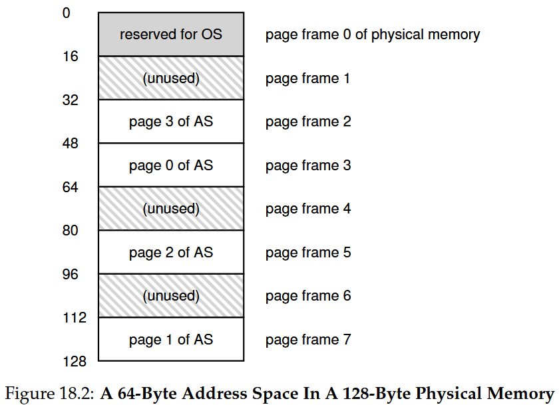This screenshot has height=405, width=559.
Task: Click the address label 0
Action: pyautogui.click(x=67, y=13)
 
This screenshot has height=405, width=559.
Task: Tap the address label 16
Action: pyautogui.click(x=71, y=57)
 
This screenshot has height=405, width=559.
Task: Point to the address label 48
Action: pyautogui.click(x=71, y=144)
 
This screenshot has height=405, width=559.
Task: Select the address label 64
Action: pyautogui.click(x=71, y=187)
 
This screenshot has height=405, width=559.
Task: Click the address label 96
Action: pyautogui.click(x=71, y=274)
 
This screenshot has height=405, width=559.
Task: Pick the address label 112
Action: pyautogui.click(x=75, y=318)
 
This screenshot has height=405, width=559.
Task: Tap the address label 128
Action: pyautogui.click(x=75, y=362)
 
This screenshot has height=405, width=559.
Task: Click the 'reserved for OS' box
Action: pyautogui.click(x=171, y=35)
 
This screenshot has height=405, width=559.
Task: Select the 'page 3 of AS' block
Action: pyautogui.click(x=171, y=122)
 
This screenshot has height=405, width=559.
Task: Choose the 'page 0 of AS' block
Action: pyautogui.click(x=171, y=166)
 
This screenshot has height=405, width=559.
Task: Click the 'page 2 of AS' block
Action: pyautogui.click(x=171, y=252)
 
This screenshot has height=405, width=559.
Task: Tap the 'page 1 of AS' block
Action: pyautogui.click(x=171, y=339)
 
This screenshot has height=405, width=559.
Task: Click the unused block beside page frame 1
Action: pyautogui.click(x=171, y=78)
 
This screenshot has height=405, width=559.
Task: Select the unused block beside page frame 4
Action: pyautogui.click(x=171, y=209)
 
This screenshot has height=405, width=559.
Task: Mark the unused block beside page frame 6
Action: pyautogui.click(x=171, y=296)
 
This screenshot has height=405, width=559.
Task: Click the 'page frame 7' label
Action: pyautogui.click(x=308, y=339)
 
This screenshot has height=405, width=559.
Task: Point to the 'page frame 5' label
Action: pyautogui.click(x=308, y=253)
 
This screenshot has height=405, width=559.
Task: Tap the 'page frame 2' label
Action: pyautogui.click(x=308, y=122)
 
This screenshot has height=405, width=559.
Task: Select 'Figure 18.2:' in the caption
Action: pyautogui.click(x=49, y=394)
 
